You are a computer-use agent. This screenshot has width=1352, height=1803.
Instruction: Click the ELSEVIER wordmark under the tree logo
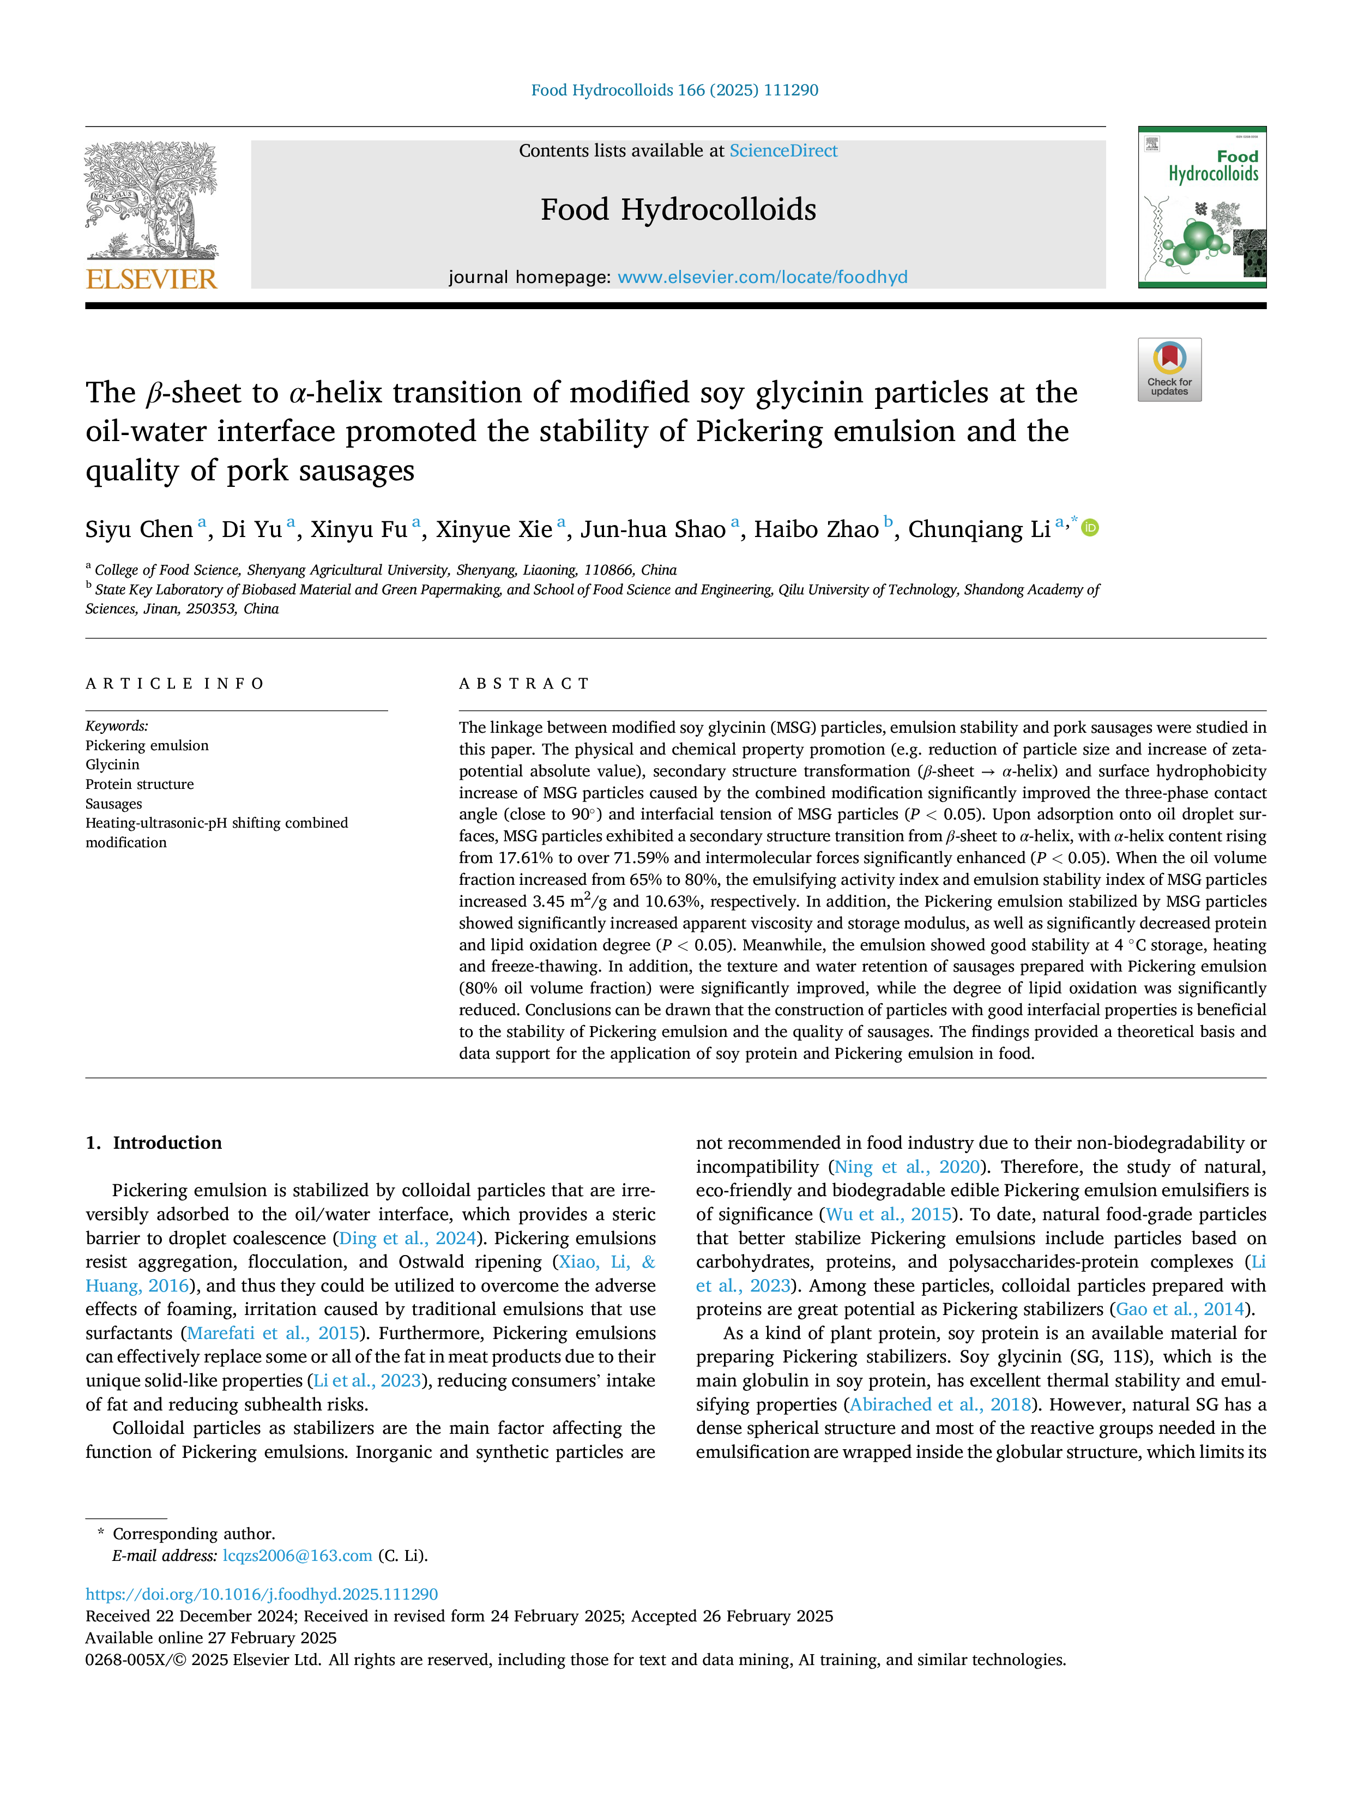(152, 279)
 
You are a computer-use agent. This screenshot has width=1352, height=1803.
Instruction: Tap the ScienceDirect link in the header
(783, 151)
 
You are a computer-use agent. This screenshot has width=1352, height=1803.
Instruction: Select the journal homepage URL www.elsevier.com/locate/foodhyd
(762, 277)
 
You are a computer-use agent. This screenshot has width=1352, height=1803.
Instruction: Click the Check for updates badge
(1169, 369)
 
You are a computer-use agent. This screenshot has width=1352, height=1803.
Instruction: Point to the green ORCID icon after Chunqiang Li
(1090, 528)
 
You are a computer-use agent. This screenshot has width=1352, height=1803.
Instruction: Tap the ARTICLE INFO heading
(174, 684)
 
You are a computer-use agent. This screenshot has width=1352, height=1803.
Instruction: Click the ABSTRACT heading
(524, 684)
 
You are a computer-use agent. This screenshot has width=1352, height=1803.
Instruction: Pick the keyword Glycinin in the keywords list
(112, 764)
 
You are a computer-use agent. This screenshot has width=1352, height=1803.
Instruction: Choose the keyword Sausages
(114, 804)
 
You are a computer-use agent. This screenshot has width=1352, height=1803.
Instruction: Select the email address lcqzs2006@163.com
(298, 1555)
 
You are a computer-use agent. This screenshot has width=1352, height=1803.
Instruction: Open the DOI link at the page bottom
(262, 1594)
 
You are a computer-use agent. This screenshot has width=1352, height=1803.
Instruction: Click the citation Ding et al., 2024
(407, 1238)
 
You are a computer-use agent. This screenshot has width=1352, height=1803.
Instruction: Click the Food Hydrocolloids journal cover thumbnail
(1202, 207)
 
